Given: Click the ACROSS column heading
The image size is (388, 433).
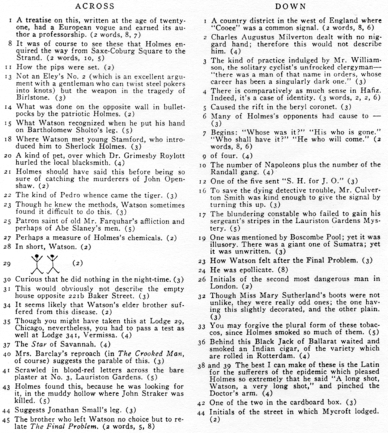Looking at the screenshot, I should point(94,6).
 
